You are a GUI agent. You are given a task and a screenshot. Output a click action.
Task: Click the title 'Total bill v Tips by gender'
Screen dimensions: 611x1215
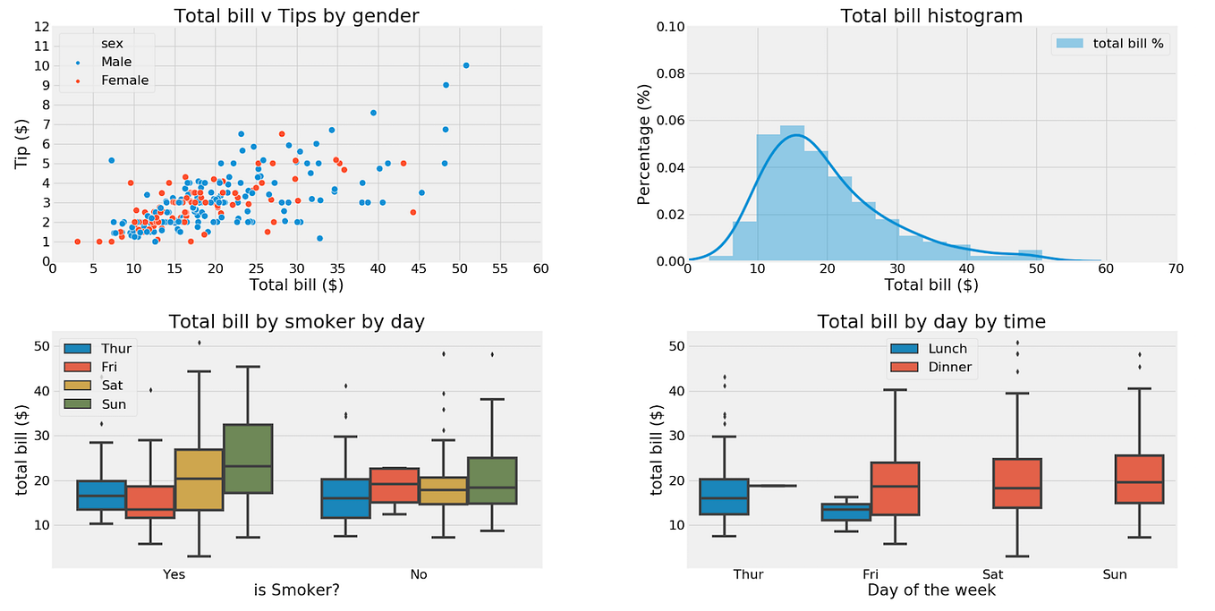(296, 15)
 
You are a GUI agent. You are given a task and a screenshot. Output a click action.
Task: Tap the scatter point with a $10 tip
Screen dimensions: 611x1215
(466, 65)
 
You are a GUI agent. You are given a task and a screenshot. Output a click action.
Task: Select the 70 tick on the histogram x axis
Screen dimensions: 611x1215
(1176, 268)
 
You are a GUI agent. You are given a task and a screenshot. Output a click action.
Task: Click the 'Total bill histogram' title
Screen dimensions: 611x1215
(931, 15)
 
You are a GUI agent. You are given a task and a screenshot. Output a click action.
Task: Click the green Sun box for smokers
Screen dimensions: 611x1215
(248, 458)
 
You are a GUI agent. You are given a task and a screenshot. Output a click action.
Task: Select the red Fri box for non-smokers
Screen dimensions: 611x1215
(395, 485)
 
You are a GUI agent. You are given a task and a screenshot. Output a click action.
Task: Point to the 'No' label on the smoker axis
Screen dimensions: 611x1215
(419, 574)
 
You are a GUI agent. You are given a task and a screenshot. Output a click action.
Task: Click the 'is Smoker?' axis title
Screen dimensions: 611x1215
(296, 590)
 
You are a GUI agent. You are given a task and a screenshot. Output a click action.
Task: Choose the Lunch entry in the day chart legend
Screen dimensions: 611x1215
(947, 349)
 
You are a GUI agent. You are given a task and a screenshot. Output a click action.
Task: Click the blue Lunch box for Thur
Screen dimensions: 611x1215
(725, 496)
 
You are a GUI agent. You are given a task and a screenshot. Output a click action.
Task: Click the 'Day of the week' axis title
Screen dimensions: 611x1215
(931, 590)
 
